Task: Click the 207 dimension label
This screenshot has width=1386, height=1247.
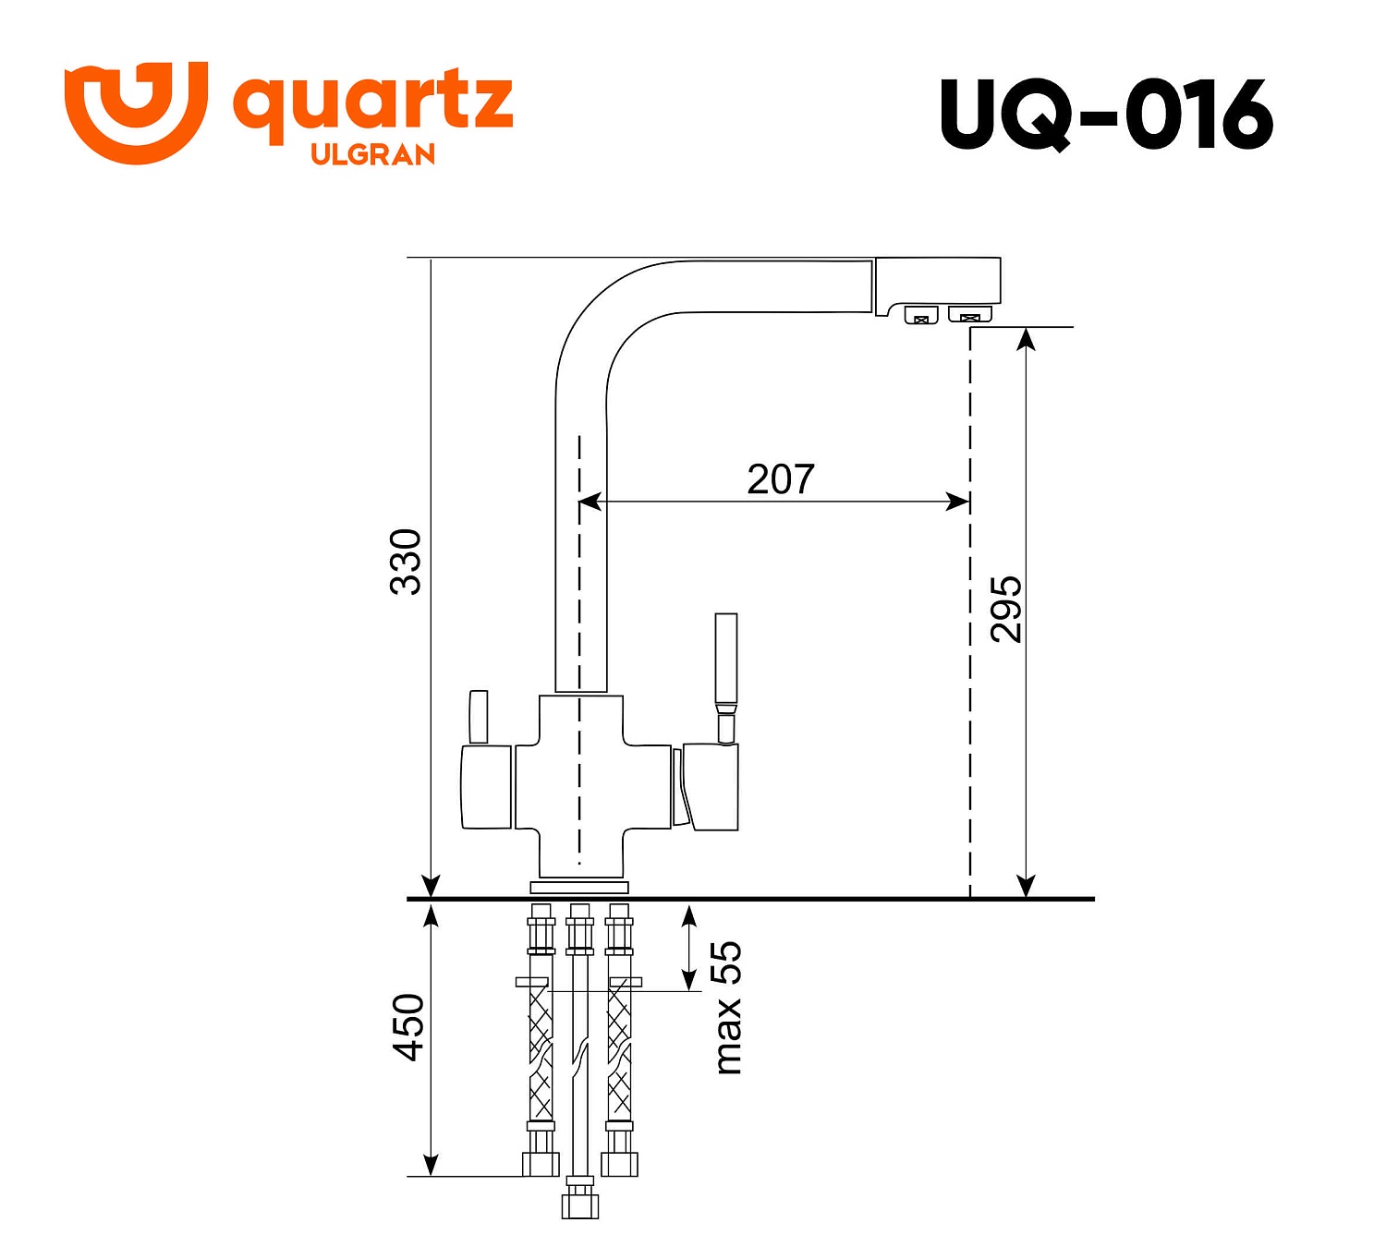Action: (780, 479)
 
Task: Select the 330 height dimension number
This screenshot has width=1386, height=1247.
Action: (406, 562)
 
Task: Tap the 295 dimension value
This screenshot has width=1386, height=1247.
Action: (1005, 609)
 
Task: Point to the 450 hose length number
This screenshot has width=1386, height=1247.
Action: (407, 1027)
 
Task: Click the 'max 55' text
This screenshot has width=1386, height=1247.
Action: (727, 1008)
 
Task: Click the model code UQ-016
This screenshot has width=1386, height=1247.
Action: (1106, 115)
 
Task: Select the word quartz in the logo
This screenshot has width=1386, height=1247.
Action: (372, 103)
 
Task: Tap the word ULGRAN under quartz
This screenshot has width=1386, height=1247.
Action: (372, 154)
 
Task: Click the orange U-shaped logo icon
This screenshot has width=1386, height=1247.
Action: (136, 112)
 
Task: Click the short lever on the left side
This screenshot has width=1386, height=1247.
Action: (478, 716)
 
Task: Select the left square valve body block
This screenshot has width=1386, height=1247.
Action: (486, 787)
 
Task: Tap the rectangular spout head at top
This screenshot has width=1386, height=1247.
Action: (937, 282)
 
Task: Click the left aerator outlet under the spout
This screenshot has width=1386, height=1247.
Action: (920, 316)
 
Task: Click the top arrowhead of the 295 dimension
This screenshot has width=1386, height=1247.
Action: (1026, 339)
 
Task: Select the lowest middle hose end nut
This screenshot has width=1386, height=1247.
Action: (580, 1204)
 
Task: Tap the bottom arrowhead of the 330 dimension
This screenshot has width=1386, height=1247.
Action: (431, 885)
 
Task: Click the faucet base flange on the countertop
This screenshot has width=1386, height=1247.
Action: (579, 888)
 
